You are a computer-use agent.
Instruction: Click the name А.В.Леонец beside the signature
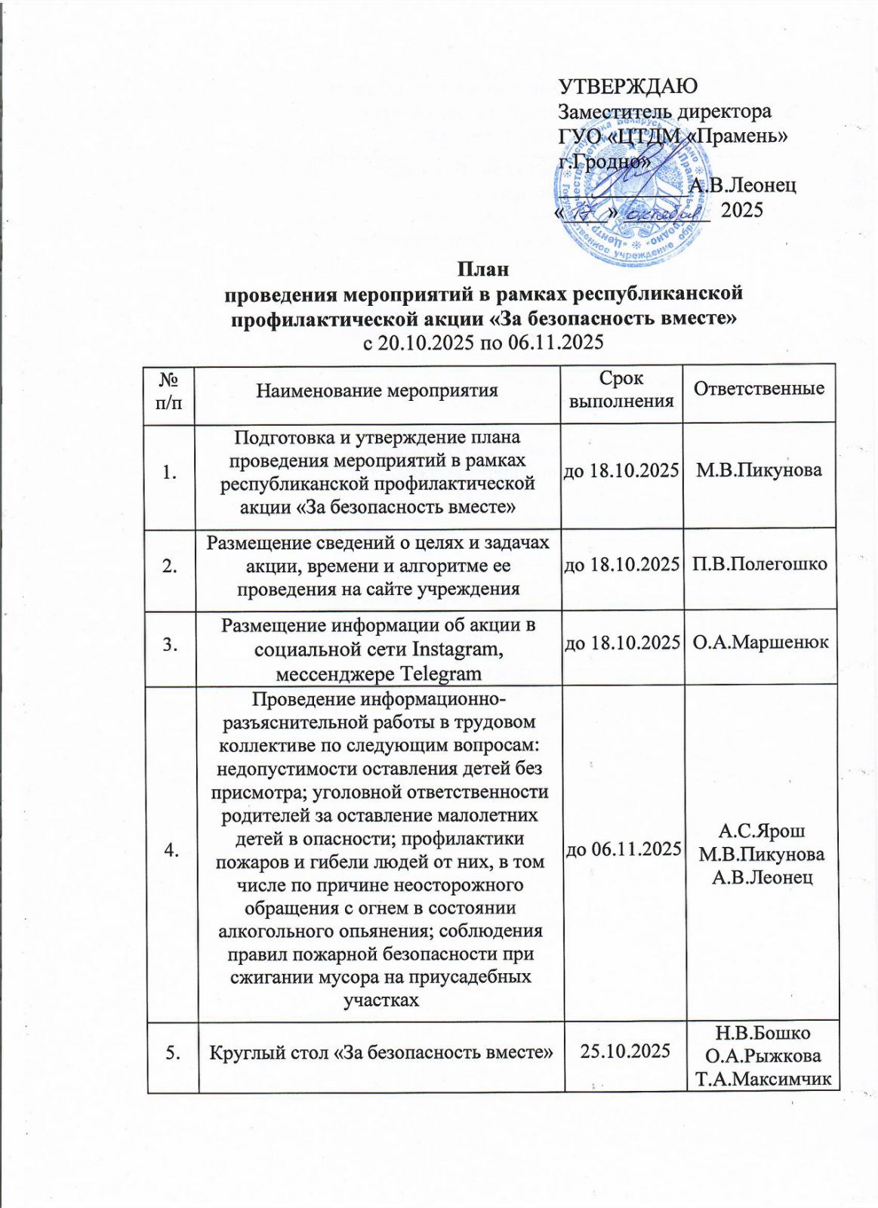[x=743, y=185]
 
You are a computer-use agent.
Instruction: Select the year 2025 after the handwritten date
[x=742, y=210]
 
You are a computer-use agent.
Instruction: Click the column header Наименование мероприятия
[x=377, y=390]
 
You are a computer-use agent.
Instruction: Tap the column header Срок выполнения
[x=621, y=390]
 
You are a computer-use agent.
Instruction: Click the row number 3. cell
[x=171, y=644]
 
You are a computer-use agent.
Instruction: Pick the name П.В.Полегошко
[x=759, y=564]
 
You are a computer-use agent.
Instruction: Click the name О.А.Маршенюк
[x=760, y=643]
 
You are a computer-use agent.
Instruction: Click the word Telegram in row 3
[x=440, y=673]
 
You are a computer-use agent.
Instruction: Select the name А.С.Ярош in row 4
[x=762, y=831]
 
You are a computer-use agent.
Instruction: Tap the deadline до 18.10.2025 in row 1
[x=623, y=470]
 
